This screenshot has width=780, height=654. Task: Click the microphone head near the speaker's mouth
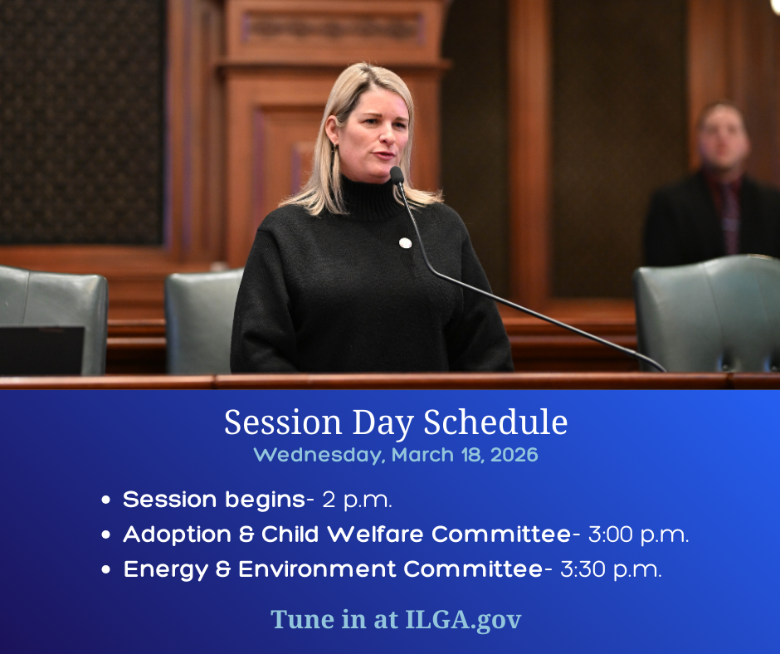397,176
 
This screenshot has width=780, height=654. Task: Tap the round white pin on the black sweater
405,243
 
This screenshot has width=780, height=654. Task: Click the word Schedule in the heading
495,422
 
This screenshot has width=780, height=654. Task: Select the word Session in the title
283,422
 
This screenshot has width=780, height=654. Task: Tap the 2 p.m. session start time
357,500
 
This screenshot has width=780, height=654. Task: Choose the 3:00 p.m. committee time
638,534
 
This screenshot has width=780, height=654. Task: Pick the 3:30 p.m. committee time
611,569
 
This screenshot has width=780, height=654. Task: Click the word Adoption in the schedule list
177,535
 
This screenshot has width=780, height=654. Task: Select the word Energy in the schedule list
166,570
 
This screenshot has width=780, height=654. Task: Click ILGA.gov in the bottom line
464,620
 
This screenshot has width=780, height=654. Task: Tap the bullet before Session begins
105,500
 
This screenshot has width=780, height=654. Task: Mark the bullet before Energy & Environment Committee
105,569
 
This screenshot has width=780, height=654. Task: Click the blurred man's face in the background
722,138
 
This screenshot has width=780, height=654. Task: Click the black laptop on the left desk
42,350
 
